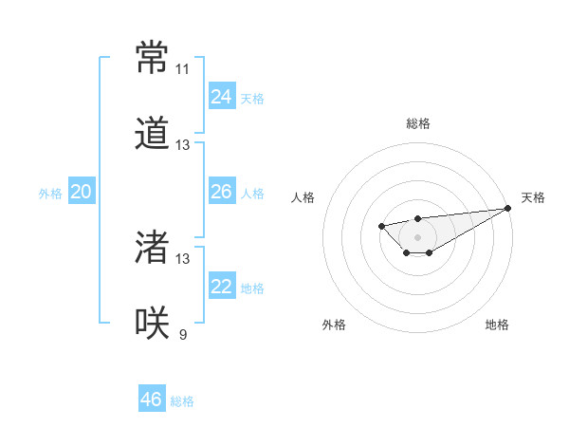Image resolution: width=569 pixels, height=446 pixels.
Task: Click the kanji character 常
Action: click(152, 58)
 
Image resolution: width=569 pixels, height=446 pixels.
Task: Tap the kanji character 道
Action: click(152, 134)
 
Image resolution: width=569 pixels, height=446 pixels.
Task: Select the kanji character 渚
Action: click(152, 247)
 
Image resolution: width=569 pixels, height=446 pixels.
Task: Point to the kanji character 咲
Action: click(152, 323)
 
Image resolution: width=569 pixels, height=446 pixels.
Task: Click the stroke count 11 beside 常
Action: click(182, 69)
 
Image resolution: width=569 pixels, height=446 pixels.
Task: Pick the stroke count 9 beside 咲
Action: click(182, 334)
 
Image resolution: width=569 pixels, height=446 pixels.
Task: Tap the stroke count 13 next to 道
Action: click(182, 145)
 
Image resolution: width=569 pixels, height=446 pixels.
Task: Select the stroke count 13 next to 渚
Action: click(182, 258)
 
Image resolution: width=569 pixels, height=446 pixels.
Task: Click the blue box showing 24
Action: click(222, 97)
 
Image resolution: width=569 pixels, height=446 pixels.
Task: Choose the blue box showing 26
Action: click(222, 192)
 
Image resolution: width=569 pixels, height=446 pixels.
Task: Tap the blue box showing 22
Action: click(222, 287)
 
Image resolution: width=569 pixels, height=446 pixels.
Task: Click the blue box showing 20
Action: click(81, 192)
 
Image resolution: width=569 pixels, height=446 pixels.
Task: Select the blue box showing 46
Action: click(152, 400)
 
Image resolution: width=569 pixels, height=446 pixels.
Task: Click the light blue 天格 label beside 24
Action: click(252, 99)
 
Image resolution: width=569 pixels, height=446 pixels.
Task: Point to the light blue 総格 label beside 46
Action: click(182, 401)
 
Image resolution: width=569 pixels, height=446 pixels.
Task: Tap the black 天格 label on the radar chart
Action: click(533, 197)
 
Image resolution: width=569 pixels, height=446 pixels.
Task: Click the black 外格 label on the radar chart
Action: click(334, 325)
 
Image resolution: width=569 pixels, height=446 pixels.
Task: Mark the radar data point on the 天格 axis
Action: click(507, 208)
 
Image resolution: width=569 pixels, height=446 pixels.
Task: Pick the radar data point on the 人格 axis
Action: click(380, 226)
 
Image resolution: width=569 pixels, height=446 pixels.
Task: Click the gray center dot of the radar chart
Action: click(417, 237)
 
